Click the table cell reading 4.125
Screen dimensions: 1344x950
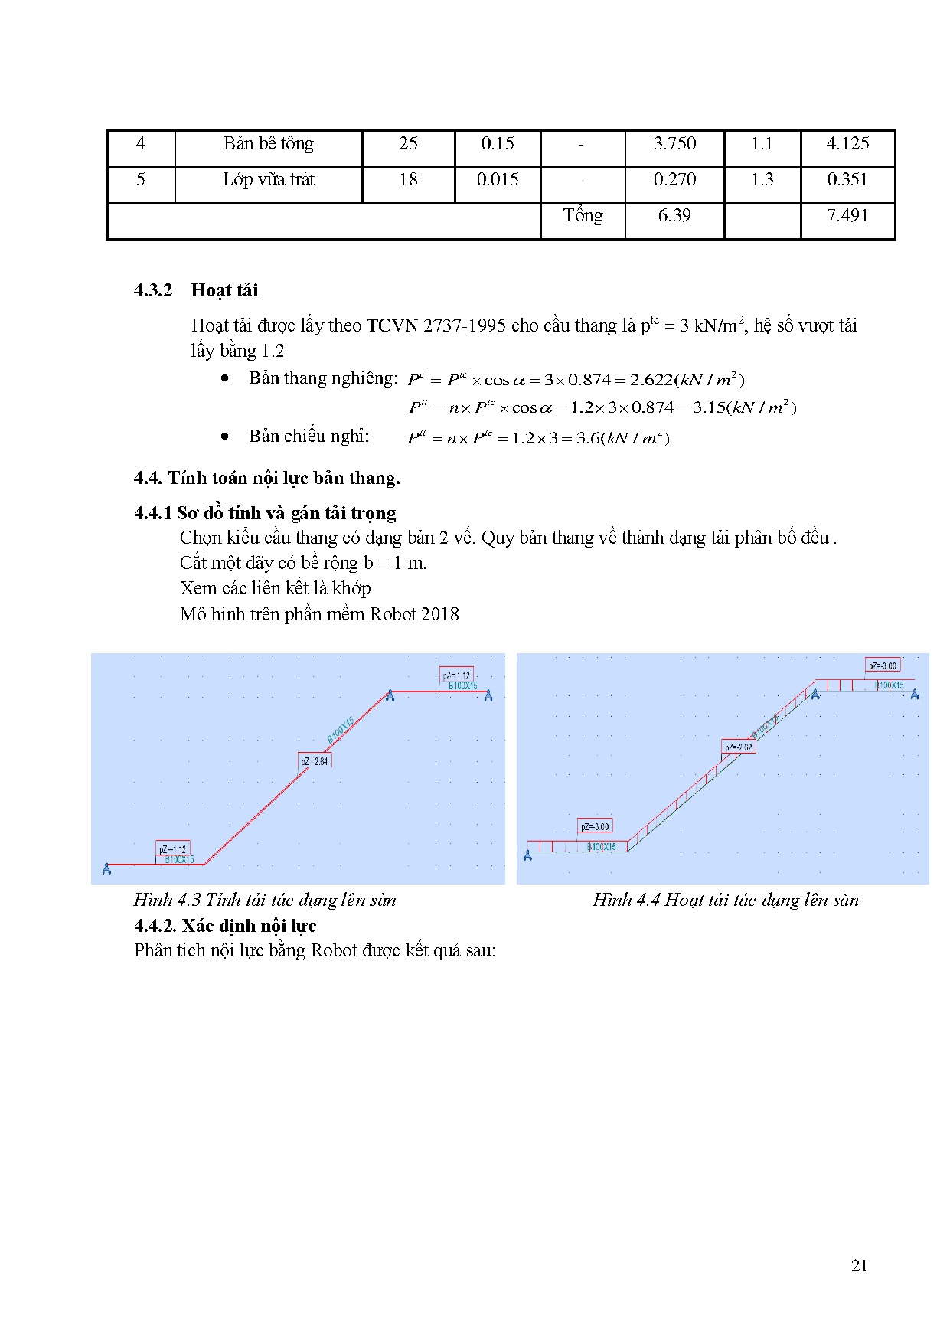tap(847, 144)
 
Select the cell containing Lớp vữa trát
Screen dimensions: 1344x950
tap(269, 180)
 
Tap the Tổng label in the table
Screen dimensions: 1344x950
tap(583, 216)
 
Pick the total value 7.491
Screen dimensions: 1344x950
tap(847, 216)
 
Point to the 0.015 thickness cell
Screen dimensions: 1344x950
tap(498, 180)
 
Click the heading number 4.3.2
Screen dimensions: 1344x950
tap(153, 290)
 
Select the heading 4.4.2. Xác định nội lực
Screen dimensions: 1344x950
tap(225, 926)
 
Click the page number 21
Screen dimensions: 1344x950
tap(859, 1266)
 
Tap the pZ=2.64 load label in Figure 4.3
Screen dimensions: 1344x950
tap(315, 761)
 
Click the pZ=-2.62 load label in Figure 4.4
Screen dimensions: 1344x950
tap(739, 747)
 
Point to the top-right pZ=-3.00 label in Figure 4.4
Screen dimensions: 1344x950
tap(883, 665)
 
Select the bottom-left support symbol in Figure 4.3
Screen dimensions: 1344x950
tap(106, 868)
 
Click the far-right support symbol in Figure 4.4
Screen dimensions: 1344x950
tap(915, 694)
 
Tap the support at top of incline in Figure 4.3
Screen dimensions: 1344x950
tap(390, 695)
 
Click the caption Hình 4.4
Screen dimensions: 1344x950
tap(725, 901)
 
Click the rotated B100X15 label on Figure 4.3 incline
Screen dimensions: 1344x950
tap(341, 729)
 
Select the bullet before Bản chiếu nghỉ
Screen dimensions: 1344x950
tap(224, 437)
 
